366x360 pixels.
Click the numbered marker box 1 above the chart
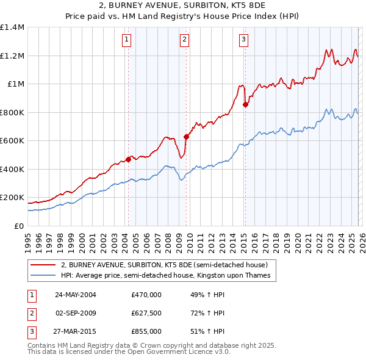[127, 40]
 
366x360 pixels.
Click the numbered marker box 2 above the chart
[184, 40]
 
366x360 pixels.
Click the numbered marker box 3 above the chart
[243, 40]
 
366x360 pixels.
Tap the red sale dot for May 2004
[128, 159]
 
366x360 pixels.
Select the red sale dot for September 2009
[185, 137]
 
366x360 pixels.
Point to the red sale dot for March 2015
[245, 105]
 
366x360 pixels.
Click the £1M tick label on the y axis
[16, 84]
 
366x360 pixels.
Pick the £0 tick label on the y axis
[19, 226]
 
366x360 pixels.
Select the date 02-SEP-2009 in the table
[76, 313]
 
